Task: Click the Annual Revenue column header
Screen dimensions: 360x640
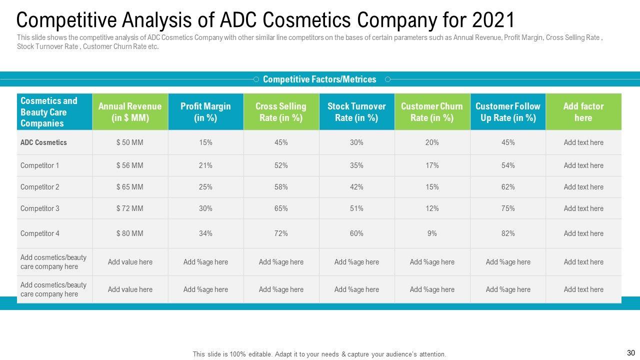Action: point(130,112)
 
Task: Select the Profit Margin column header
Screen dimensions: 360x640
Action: point(205,112)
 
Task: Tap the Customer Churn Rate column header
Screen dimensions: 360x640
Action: point(432,112)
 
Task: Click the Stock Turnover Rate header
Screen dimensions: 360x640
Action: point(356,112)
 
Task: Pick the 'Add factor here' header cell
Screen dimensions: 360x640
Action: point(583,112)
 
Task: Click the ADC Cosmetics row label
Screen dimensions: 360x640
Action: point(43,142)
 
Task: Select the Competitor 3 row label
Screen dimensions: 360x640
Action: point(40,208)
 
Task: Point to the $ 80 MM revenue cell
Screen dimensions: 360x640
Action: point(130,233)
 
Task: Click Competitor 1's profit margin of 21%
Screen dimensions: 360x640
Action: point(205,165)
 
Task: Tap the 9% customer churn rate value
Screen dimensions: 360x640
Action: point(432,233)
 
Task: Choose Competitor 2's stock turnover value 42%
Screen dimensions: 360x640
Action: point(356,187)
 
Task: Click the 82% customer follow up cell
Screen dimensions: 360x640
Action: point(508,233)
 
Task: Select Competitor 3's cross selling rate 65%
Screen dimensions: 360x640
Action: point(281,208)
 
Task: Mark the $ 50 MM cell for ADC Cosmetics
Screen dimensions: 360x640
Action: point(130,142)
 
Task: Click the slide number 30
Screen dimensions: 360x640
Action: point(630,353)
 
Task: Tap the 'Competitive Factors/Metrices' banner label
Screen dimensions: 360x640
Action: point(319,79)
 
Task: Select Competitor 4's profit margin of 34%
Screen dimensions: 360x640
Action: point(205,233)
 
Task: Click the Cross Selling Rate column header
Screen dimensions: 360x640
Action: point(281,112)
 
